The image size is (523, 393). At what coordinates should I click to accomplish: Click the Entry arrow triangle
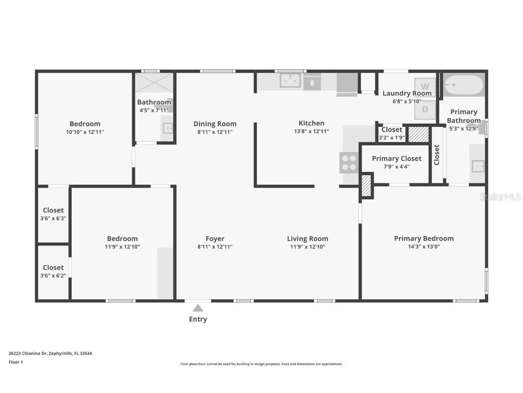[198, 308]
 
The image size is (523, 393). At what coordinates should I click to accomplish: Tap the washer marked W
[425, 86]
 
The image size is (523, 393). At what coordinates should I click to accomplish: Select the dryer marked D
[425, 110]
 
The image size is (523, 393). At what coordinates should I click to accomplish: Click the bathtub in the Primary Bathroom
[464, 85]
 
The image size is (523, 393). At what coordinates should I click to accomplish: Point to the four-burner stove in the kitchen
[349, 163]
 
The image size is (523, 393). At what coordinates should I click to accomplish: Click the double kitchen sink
[290, 81]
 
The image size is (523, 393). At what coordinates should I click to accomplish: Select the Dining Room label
[215, 124]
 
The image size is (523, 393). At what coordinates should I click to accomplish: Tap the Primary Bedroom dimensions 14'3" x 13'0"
[424, 247]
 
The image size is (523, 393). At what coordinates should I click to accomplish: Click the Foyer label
[215, 238]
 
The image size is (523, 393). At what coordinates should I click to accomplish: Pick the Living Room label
[307, 238]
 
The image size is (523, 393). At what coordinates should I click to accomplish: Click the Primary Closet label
[396, 158]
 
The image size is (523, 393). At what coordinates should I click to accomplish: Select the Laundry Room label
[407, 93]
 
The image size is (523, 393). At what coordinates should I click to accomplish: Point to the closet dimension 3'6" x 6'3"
[53, 218]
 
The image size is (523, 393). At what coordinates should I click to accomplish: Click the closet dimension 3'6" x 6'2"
[53, 276]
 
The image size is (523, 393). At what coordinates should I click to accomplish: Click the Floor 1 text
[15, 362]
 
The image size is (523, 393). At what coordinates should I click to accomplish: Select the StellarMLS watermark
[500, 197]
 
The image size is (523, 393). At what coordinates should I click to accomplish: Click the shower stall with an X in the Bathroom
[154, 83]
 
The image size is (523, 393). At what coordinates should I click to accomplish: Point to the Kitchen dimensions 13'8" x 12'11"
[311, 131]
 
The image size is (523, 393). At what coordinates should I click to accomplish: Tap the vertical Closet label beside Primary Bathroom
[437, 155]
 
